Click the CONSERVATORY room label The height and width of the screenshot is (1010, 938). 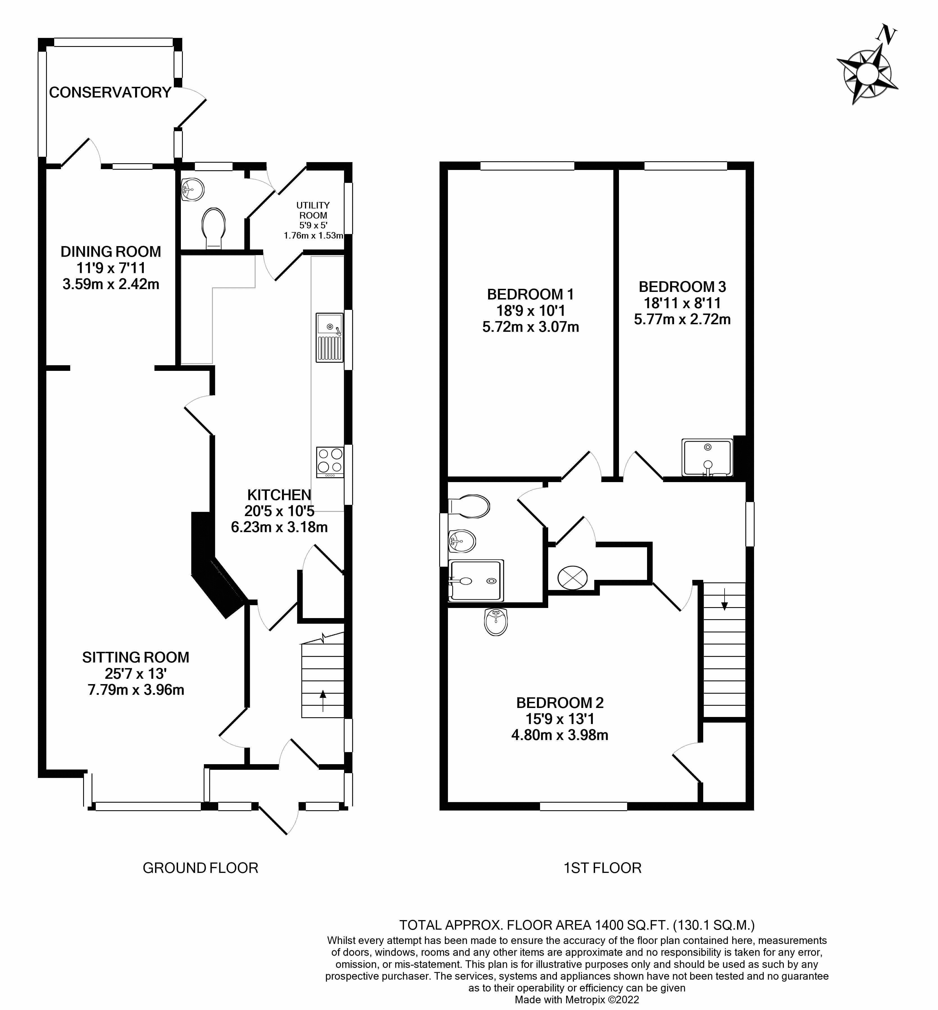[110, 92]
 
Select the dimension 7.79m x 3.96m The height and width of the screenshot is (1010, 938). [136, 690]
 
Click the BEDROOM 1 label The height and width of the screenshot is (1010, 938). [531, 294]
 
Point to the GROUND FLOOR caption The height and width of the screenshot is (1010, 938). [201, 868]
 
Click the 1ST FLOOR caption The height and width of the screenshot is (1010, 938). [602, 868]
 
